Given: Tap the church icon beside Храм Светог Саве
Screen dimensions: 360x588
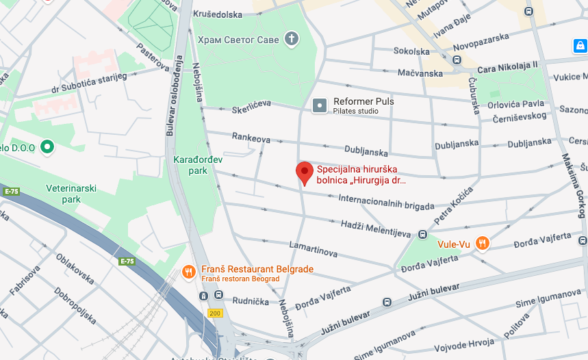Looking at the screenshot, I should click(292, 39).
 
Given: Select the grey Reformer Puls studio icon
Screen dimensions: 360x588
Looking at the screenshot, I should click(320, 105).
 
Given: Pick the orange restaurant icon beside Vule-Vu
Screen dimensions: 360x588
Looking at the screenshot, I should click(483, 243).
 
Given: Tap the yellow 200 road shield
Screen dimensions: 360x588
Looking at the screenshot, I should click(215, 313).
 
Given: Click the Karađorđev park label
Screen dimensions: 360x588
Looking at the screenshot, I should click(190, 165).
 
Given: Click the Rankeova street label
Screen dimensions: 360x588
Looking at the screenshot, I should click(251, 138).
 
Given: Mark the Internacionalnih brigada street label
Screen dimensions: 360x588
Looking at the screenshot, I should click(387, 202).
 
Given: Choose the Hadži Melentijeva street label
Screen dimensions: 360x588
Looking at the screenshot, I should click(374, 227).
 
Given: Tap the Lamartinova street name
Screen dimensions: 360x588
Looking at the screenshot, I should click(313, 248).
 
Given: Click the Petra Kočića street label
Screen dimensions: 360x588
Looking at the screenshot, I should click(454, 205).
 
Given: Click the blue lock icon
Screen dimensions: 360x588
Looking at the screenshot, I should click(580, 46).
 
